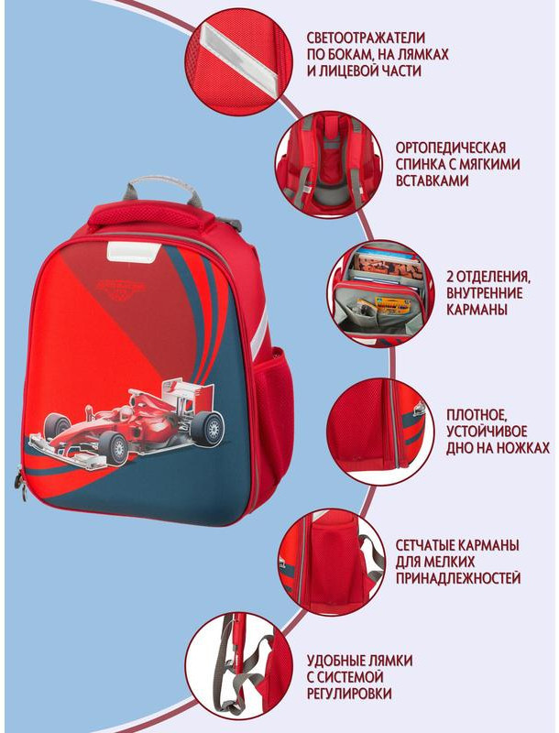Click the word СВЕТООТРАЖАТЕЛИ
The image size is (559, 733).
click(x=366, y=38)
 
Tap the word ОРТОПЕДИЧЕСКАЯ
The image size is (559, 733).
click(x=451, y=148)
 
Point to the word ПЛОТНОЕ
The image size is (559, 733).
click(x=477, y=415)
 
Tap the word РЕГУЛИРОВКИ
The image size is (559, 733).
click(x=349, y=693)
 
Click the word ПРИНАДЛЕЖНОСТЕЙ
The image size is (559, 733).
click(x=458, y=578)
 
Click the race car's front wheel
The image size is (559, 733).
click(x=114, y=448)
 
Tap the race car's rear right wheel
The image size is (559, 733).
click(x=208, y=427)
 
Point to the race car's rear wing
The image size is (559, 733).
click(x=184, y=392)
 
